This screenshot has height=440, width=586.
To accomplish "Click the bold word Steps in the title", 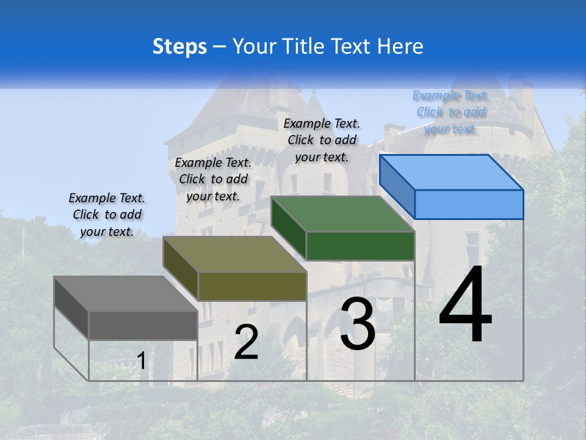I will (179, 46).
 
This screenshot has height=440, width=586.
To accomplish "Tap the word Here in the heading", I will (400, 46).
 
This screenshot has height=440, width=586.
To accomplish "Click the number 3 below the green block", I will (358, 324).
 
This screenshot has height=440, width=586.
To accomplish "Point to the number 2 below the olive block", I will (246, 343).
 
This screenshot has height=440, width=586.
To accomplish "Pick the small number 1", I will (141, 361).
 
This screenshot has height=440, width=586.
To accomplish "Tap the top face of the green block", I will (342, 214).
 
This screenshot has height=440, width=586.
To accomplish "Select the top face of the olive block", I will (234, 254).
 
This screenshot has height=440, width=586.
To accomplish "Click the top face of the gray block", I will (126, 293).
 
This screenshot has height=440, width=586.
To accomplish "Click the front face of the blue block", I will (469, 204).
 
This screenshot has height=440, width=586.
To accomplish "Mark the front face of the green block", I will (360, 246).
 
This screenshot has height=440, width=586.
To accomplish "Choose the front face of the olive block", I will (252, 286).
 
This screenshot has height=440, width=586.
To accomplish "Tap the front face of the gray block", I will (143, 325).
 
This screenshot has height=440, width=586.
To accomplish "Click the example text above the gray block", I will (107, 215).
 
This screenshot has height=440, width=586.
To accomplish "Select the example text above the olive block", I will (213, 179).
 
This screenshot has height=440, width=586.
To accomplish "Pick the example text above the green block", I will (322, 140).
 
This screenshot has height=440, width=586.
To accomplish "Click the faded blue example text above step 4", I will (450, 112).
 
